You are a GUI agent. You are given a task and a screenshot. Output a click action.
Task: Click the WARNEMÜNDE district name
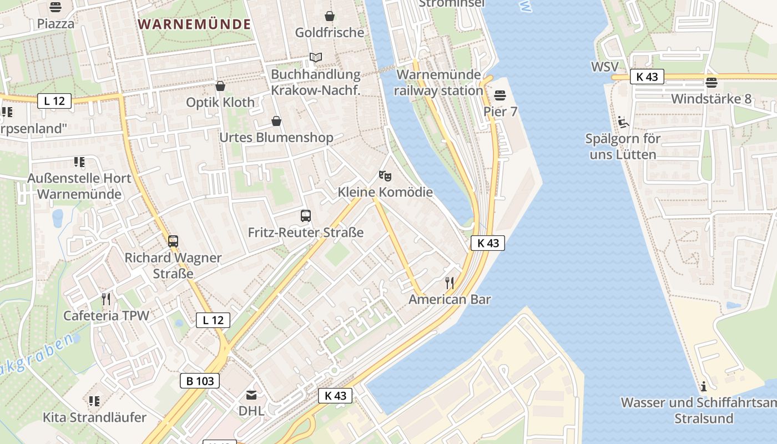194,24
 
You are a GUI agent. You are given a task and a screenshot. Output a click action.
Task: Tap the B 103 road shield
200,381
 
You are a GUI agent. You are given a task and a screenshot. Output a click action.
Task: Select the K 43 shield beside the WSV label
647,77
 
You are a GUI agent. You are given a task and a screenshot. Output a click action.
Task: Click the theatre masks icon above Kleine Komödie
385,176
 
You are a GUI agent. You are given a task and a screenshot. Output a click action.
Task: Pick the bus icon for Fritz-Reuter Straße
305,216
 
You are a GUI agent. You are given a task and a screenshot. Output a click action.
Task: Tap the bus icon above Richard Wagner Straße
173,241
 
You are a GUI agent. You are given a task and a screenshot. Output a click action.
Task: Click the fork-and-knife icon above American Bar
450,283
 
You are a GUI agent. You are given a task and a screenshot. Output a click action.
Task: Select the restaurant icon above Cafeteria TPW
106,300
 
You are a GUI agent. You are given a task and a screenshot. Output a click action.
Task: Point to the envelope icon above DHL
251,395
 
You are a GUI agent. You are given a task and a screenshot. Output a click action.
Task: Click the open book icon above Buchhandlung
316,58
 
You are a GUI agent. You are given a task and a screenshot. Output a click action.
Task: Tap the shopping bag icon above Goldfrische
330,16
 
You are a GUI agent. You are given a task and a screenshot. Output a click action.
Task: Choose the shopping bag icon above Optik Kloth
220,86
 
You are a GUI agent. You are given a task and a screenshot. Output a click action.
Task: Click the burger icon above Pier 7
500,95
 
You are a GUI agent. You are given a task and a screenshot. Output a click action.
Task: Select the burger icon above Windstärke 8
712,83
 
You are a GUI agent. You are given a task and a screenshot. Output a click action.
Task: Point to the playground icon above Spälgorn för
623,122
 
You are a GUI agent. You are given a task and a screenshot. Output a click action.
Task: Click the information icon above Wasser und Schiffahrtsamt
704,386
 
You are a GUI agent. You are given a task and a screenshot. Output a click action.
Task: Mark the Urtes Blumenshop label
276,137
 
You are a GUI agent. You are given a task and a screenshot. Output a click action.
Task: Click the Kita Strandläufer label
95,417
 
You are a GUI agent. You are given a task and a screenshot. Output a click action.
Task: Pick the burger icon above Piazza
56,7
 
